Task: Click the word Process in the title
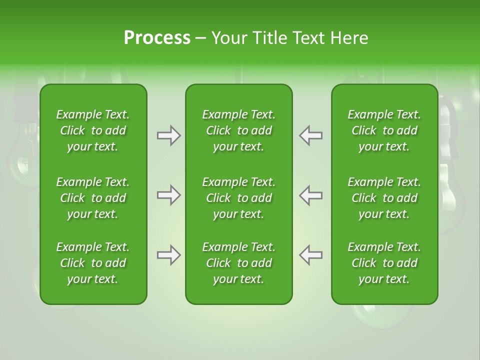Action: pos(157,38)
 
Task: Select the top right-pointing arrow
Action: pos(169,135)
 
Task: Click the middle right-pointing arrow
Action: pos(169,195)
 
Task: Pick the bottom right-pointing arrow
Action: pos(169,255)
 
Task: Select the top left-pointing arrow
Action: pos(310,135)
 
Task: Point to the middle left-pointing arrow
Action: pos(310,195)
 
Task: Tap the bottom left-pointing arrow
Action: pos(310,255)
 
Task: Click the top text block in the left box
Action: pos(93,130)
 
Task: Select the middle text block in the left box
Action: pos(93,198)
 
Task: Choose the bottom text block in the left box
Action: pos(93,263)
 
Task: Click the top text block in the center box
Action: pos(238,130)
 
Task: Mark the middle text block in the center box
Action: pos(238,198)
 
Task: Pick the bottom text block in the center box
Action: pos(238,263)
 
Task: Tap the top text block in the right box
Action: pos(384,130)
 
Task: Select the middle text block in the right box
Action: pos(384,198)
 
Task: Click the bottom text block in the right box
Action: pos(384,263)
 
